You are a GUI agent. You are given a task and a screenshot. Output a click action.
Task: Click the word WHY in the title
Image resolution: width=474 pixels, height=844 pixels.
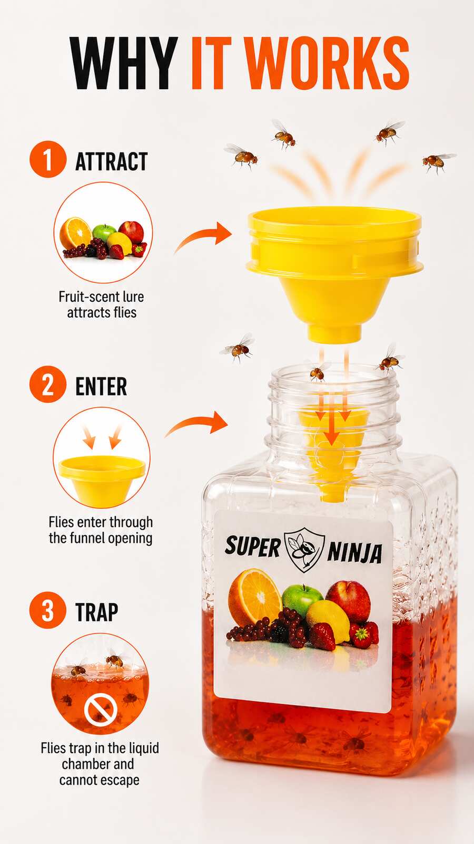tap(124, 63)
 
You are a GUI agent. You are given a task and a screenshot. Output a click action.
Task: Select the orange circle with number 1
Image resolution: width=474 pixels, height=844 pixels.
tap(48, 159)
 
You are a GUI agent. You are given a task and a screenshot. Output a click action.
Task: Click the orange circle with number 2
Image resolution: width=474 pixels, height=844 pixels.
tap(48, 384)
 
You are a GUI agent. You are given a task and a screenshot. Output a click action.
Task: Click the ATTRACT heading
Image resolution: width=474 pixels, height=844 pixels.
tap(111, 161)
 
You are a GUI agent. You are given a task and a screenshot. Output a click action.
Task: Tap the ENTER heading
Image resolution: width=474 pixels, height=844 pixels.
tap(101, 386)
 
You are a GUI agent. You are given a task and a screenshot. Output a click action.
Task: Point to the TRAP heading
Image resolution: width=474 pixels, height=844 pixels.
tap(97, 612)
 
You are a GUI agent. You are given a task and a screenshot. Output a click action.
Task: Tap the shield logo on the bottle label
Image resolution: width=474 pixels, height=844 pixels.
tap(304, 550)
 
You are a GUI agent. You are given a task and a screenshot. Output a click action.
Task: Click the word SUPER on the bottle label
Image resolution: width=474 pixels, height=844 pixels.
tap(253, 547)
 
